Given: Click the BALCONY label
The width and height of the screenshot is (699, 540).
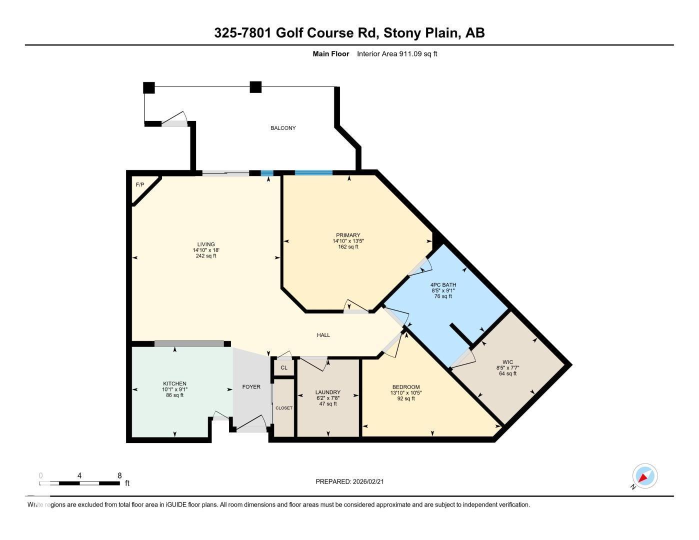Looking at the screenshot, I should point(283,128).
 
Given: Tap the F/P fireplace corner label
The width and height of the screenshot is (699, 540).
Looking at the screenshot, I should point(140,185).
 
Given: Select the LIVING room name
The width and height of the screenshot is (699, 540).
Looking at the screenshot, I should point(205,244).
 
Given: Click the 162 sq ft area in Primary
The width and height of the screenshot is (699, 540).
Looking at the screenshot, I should point(348,246).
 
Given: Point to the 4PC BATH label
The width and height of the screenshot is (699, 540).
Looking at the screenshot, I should point(443,285).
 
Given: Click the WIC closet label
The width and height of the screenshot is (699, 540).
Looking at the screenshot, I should point(507,362).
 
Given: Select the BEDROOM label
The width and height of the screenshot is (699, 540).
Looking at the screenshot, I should point(405,387).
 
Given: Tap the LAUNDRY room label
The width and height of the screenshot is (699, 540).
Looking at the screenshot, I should point(328,392).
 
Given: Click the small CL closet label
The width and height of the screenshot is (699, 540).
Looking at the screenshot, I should point(284,368).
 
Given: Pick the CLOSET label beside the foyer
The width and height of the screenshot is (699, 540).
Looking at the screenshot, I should point(284,408).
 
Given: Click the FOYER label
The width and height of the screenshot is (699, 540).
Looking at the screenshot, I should point(251,386).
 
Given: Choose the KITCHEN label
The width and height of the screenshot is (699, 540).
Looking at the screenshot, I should point(174,383).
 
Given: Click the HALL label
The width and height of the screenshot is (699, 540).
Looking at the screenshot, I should point(323,335).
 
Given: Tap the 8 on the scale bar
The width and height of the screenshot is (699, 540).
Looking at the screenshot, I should point(119,475).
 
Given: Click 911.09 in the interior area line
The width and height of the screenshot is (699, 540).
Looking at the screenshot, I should point(410,54).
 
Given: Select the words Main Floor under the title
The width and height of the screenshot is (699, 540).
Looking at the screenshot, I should point(330,54).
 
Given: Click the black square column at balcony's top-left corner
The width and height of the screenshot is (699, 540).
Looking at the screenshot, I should point(149,87).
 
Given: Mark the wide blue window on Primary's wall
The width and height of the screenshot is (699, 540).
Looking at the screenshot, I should point(313,173).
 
